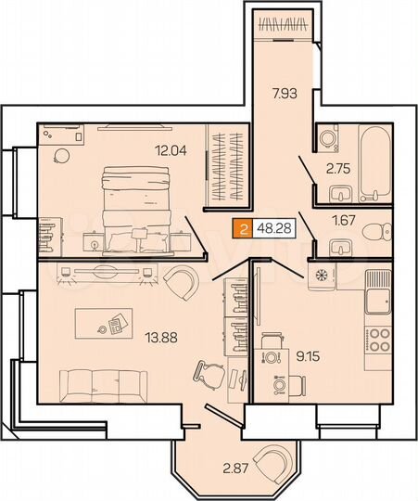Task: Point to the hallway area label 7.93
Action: click(285, 93)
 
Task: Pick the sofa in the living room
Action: click(101, 381)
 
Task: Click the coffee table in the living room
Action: click(111, 320)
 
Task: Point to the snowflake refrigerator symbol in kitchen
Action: click(323, 276)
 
